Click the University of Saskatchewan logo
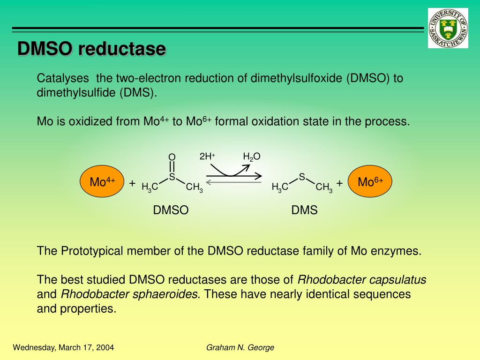448,28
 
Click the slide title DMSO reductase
91,49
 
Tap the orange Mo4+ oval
103,181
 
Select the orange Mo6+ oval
370,181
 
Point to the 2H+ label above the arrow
207,157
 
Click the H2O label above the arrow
251,157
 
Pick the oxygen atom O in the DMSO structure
172,157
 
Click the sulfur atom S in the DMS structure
302,177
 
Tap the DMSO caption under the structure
171,210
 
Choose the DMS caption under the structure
305,210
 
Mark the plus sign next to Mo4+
132,183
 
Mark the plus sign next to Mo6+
339,183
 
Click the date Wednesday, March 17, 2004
63,347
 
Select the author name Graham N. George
240,347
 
